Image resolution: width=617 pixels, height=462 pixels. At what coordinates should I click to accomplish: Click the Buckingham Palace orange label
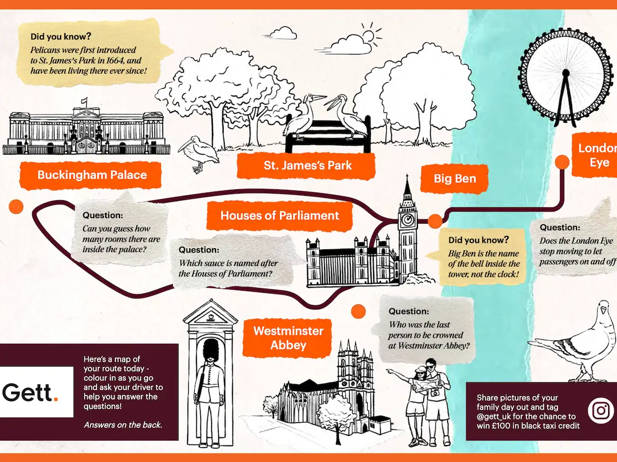coord(91,175)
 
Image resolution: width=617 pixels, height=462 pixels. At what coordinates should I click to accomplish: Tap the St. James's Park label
coord(308,165)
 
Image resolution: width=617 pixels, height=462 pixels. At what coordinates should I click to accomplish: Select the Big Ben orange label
coord(454,178)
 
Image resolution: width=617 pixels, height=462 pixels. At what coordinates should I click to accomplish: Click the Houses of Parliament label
coord(279,215)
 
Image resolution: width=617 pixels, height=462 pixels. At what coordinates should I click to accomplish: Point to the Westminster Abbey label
coord(288,338)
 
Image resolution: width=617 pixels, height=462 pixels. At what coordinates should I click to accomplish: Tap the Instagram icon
coord(601,410)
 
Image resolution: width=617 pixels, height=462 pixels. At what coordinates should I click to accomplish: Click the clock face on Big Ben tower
coord(407,220)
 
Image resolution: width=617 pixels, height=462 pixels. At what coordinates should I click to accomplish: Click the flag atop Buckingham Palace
coord(83,100)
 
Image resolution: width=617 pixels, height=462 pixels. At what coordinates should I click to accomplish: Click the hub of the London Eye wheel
coord(566,73)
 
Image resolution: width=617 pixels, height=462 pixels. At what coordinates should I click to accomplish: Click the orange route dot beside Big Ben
coord(435,220)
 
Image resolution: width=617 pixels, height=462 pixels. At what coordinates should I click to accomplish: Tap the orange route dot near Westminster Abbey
coord(358,311)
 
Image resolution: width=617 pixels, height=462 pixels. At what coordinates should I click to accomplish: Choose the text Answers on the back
coord(123,424)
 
